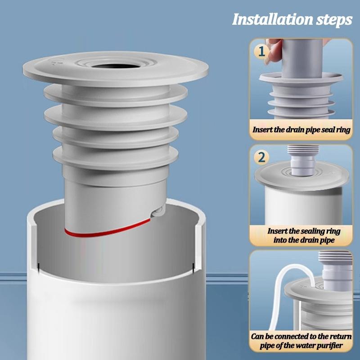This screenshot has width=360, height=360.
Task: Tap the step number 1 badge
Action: coord(261,51)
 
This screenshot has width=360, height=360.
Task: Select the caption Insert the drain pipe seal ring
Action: coord(301,129)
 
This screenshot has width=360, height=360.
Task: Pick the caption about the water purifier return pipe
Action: coord(301,341)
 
